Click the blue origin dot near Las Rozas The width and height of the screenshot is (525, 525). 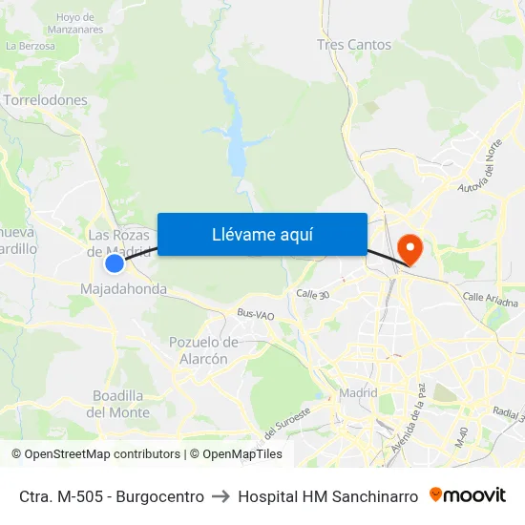[115, 263]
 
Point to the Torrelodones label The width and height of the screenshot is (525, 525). [46, 99]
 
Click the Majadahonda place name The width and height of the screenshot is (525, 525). [124, 288]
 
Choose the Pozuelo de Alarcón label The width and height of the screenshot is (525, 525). [203, 350]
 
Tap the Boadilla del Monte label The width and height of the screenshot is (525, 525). [118, 404]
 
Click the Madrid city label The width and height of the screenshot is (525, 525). [358, 392]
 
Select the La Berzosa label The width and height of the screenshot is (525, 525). [30, 45]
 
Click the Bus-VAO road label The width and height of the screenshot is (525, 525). [256, 314]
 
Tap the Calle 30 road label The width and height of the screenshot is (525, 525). [312, 295]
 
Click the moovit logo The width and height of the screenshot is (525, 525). [468, 495]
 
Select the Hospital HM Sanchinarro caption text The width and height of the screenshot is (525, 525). [327, 496]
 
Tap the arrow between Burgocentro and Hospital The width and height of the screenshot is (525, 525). [220, 496]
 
